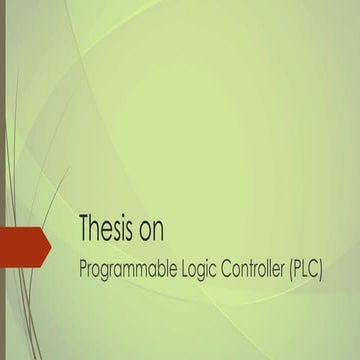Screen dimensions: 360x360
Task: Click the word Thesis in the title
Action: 108,230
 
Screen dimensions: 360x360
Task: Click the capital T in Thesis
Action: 85,229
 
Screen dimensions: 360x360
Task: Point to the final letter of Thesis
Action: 131,232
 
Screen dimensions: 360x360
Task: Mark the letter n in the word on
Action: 159,232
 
